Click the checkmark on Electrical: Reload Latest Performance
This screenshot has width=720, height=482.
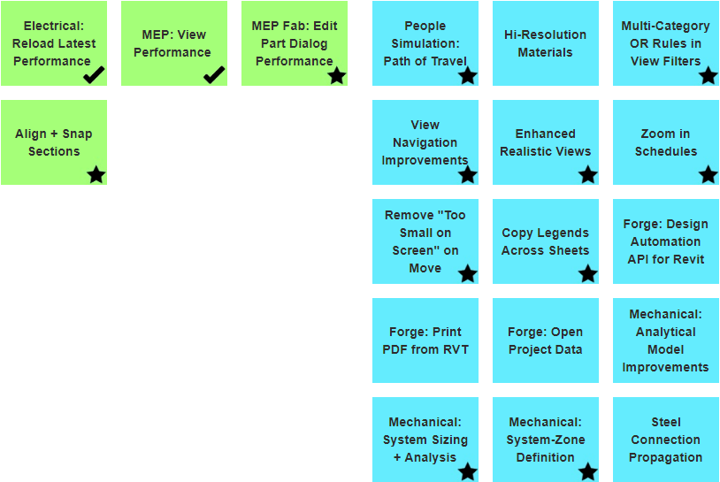coord(95,75)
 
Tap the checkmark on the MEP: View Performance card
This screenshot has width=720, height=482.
coord(215,75)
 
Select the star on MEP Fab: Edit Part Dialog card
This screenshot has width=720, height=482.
coord(337,76)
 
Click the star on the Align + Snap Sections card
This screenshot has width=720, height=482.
coord(96,175)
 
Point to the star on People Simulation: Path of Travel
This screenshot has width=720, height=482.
coord(468,76)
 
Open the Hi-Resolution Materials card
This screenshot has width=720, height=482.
coord(545,43)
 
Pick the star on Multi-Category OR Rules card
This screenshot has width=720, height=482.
coord(709,76)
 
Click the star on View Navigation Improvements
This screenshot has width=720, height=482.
coord(468,175)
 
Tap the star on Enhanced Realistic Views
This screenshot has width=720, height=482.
coord(588,175)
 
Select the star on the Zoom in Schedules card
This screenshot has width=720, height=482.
coord(709,175)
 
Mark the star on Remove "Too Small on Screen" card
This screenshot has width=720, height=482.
coord(468,274)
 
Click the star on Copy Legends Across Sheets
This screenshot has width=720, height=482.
coord(588,274)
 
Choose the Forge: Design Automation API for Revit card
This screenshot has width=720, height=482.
coord(665,241)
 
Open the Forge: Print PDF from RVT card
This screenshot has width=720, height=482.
coord(425,340)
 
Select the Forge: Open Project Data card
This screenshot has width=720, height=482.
coord(545,340)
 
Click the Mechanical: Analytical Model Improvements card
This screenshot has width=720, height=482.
coord(665,340)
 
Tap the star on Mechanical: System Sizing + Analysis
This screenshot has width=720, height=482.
coord(468,472)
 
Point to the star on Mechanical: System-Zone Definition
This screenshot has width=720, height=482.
coord(588,472)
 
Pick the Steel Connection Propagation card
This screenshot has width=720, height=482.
coord(665,440)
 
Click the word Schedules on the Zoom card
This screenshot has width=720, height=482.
coord(665,151)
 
